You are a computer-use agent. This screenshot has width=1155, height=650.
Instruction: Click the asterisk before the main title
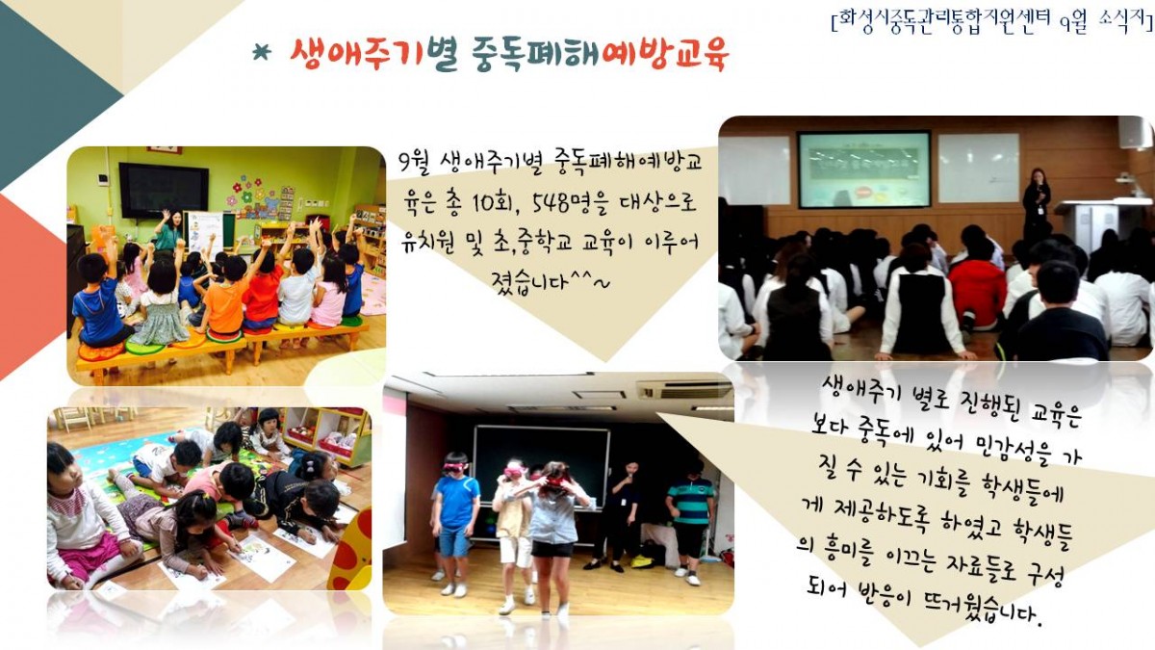coord(262,53)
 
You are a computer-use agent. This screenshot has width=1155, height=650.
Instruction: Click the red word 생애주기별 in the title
coord(373,54)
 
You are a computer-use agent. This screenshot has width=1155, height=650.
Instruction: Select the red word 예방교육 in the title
coord(665,54)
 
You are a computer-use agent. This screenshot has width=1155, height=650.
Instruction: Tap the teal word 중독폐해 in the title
coord(535,54)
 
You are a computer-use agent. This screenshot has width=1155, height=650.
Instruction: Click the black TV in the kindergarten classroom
coord(164,191)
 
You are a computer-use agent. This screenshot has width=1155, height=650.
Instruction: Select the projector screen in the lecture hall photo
coord(864,169)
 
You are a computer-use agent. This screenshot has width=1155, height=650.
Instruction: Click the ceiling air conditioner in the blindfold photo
coord(684,390)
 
